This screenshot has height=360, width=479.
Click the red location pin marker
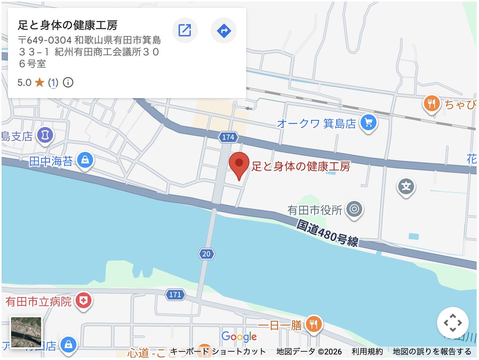239,164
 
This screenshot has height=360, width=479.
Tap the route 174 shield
228,137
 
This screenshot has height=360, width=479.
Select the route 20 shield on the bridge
206,254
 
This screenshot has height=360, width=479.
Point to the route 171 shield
175,295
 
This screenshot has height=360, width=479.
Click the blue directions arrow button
224,30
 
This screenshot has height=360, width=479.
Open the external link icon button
185,30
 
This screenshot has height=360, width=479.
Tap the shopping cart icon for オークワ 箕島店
369,123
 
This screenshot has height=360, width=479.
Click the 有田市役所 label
315,210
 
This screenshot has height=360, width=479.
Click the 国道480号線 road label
328,234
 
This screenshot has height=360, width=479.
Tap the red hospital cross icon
83,301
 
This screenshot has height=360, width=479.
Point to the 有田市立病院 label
38,302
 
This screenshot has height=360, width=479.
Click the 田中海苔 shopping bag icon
85,161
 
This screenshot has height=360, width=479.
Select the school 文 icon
406,186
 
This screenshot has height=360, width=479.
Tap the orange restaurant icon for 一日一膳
314,325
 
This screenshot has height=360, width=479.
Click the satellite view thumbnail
26,332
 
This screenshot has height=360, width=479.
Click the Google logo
239,337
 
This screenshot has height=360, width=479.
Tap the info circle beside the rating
68,83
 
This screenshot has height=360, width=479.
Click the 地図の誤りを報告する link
432,351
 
